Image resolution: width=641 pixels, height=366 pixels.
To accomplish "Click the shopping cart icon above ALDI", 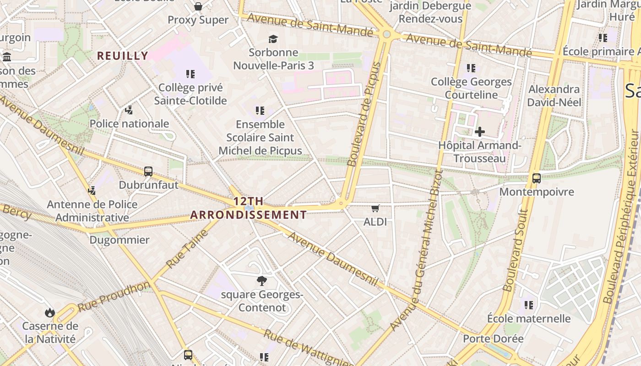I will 375,209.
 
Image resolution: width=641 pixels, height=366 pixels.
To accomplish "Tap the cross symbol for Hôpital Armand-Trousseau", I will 479,132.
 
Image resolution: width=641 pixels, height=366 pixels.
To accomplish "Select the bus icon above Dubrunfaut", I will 148,172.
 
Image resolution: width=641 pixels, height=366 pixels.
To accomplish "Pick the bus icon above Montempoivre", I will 537,178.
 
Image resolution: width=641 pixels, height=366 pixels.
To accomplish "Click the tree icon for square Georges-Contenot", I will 262,280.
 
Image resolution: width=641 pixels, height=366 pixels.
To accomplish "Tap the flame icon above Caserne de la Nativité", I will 50,313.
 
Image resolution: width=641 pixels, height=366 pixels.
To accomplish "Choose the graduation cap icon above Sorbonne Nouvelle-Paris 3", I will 273,39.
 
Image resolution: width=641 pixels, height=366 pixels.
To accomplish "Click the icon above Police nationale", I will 129,110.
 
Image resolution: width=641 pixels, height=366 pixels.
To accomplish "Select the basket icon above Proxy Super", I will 198,6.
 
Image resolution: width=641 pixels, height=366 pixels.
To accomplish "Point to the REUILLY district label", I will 123,56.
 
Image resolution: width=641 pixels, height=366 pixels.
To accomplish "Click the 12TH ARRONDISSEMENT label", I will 249,208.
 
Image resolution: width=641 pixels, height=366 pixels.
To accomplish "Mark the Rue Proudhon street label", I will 114,297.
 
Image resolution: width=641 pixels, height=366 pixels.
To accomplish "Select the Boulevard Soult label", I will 516,250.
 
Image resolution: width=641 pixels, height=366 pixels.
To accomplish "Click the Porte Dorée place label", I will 493,339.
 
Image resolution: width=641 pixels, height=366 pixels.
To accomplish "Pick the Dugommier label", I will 119,240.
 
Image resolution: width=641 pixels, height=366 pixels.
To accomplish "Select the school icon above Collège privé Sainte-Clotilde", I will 190,74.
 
